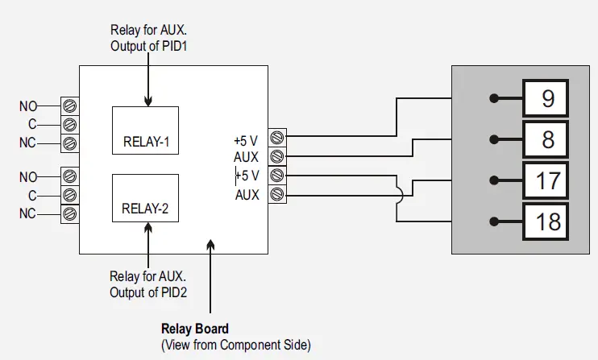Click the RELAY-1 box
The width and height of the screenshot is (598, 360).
click(x=146, y=129)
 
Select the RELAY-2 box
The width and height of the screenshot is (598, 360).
click(x=146, y=197)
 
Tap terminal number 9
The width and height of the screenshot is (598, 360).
click(x=548, y=99)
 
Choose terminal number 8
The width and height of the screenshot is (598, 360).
click(x=548, y=139)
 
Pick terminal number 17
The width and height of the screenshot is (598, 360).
click(x=548, y=180)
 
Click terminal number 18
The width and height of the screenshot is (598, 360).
click(x=548, y=221)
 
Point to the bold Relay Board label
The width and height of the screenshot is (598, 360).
click(x=195, y=329)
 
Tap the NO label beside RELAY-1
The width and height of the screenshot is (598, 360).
click(x=28, y=106)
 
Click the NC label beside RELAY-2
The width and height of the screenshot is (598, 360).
click(x=28, y=213)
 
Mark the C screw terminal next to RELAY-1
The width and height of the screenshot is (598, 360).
click(x=69, y=125)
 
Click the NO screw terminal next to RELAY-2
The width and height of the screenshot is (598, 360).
click(x=69, y=176)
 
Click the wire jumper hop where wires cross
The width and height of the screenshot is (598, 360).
click(x=398, y=193)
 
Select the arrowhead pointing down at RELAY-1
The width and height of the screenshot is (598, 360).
click(x=148, y=101)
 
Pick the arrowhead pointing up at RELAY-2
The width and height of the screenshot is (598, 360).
click(x=148, y=228)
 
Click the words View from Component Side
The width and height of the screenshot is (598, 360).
click(x=235, y=344)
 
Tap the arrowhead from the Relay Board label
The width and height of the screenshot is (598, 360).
click(x=210, y=244)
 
